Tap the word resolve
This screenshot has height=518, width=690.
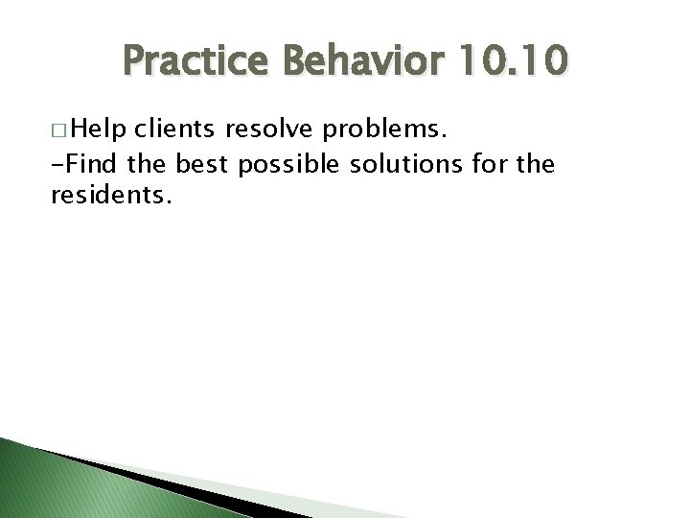click(273, 129)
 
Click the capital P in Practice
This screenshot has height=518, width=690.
click(134, 64)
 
